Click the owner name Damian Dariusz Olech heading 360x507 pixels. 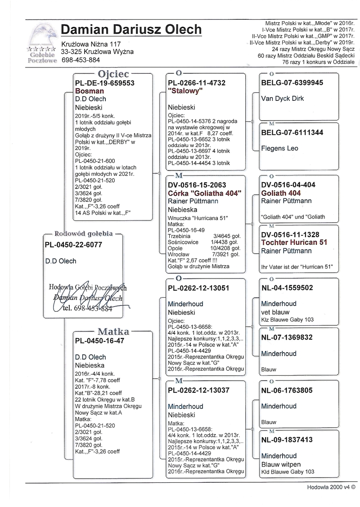click(x=131, y=30)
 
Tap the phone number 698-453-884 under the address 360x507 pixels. click(x=81, y=60)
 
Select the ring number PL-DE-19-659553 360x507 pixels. click(x=104, y=83)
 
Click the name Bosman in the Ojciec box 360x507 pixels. click(x=90, y=91)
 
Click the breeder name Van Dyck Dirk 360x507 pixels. click(x=283, y=99)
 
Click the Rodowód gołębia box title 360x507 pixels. click(x=83, y=233)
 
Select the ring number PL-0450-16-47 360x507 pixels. click(x=100, y=341)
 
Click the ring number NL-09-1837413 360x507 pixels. click(x=287, y=440)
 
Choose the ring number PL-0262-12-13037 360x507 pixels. click(x=200, y=390)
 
